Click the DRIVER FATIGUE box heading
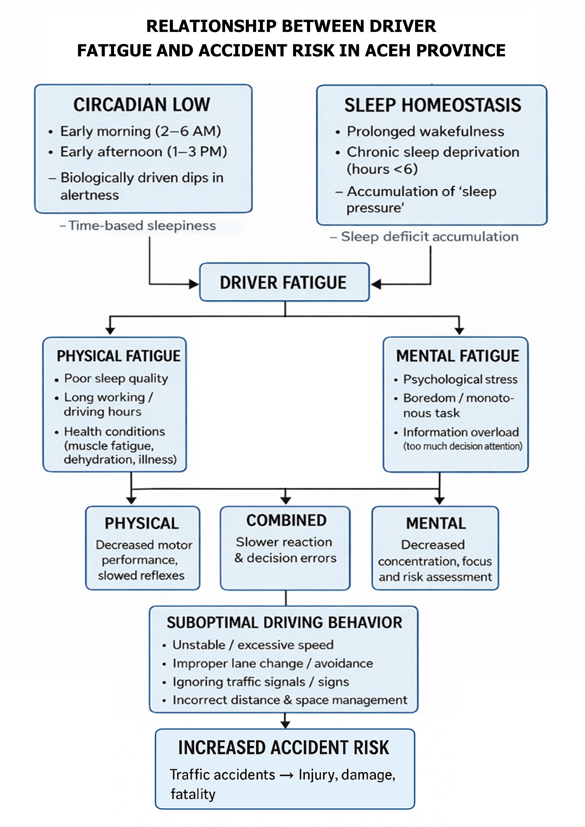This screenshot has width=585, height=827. (283, 283)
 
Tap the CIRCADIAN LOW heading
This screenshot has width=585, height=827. (142, 105)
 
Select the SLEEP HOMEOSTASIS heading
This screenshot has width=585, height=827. (432, 105)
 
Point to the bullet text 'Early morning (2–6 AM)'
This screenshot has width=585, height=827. (141, 131)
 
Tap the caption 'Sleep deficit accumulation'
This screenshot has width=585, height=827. (429, 237)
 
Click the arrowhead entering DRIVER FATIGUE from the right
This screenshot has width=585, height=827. (376, 284)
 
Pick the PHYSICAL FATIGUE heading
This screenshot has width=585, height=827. (119, 356)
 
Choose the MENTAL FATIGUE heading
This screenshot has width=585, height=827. (458, 356)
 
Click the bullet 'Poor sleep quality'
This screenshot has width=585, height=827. (116, 379)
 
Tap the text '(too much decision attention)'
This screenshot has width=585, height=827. (462, 446)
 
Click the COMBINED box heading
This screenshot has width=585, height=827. (286, 520)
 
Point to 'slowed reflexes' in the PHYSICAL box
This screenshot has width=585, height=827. (141, 576)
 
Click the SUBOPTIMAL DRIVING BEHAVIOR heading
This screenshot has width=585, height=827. (284, 623)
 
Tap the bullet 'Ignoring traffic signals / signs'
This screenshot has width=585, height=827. (261, 682)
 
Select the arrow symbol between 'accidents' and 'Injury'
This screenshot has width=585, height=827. (286, 775)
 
